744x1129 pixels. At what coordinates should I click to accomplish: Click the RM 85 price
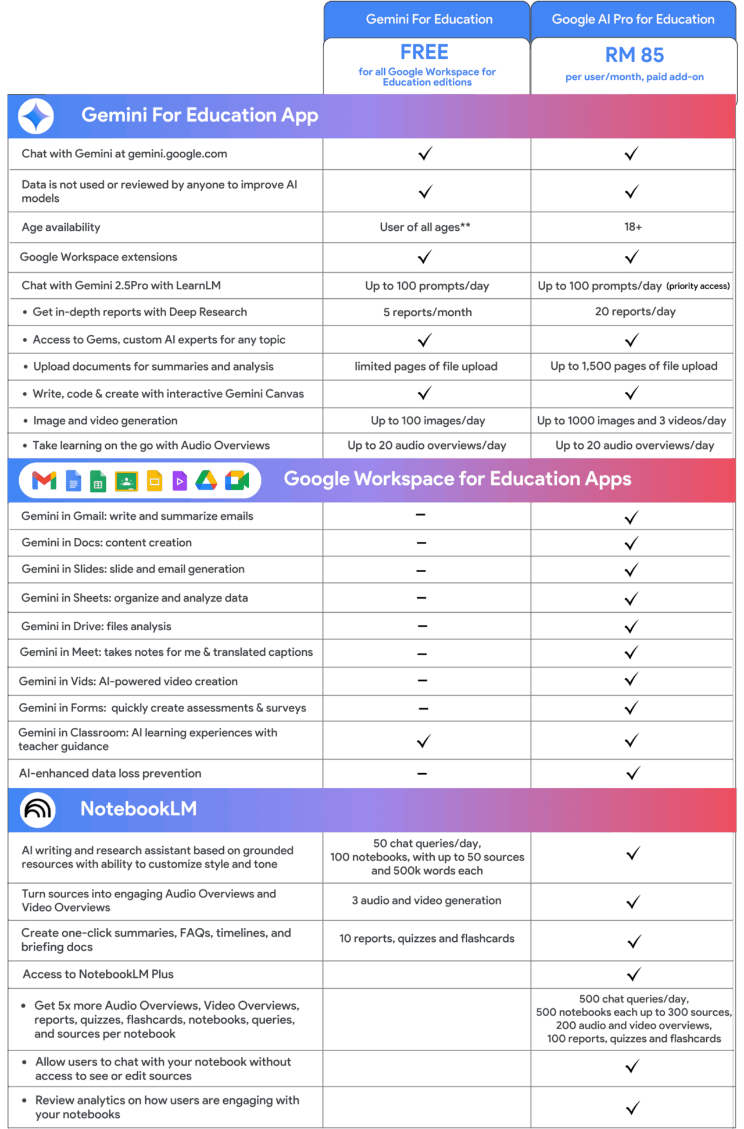(x=634, y=55)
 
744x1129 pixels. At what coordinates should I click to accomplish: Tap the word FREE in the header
(x=424, y=52)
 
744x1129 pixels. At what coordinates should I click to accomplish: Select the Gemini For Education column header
(x=429, y=19)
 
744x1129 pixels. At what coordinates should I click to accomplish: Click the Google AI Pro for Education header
(x=633, y=19)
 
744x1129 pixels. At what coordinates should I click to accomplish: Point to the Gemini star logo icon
(x=36, y=116)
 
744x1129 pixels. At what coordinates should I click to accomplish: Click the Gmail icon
(x=44, y=481)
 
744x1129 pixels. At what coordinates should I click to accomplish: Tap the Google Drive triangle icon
(x=206, y=481)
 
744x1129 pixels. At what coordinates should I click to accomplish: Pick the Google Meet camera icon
(x=237, y=481)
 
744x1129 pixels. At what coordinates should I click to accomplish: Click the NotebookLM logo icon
(x=38, y=809)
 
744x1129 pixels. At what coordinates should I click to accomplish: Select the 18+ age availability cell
(x=633, y=227)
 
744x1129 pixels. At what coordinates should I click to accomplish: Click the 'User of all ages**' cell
(x=425, y=227)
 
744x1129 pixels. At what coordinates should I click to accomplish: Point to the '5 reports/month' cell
(x=427, y=312)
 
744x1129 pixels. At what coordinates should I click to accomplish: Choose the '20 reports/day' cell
(x=635, y=312)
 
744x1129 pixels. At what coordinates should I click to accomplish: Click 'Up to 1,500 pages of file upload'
(x=634, y=366)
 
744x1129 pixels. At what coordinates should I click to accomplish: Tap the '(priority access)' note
(x=697, y=286)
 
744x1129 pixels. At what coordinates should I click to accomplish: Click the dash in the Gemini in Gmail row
(x=421, y=515)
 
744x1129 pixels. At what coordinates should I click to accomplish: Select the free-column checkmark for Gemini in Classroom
(x=424, y=741)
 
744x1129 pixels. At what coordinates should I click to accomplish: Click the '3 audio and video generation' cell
(x=426, y=901)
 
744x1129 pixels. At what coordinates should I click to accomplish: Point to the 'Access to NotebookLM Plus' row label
(x=98, y=974)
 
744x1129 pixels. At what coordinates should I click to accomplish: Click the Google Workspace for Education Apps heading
(x=457, y=479)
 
